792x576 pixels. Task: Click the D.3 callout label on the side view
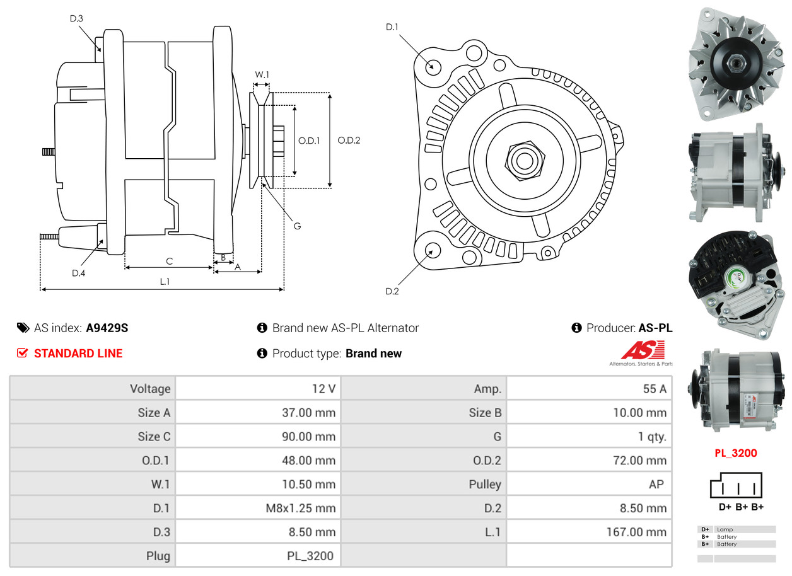pos(76,18)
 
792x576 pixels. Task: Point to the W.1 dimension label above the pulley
pos(262,74)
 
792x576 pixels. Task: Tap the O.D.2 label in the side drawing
pos(349,141)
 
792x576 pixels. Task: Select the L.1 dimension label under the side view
pos(165,281)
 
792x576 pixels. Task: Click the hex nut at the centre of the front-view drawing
pos(525,161)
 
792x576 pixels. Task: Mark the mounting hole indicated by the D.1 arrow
pos(433,66)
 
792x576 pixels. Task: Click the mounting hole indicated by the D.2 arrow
pos(433,250)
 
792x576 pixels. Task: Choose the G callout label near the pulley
pos(297,226)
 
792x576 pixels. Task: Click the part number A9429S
pos(107,328)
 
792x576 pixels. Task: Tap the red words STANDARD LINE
pos(78,354)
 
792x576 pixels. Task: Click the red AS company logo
pos(643,350)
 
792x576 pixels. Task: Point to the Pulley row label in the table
pos(485,484)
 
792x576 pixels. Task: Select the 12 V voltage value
pos(323,389)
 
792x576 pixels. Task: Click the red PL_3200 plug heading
pos(736,453)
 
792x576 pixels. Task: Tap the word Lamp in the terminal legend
pos(725,529)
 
